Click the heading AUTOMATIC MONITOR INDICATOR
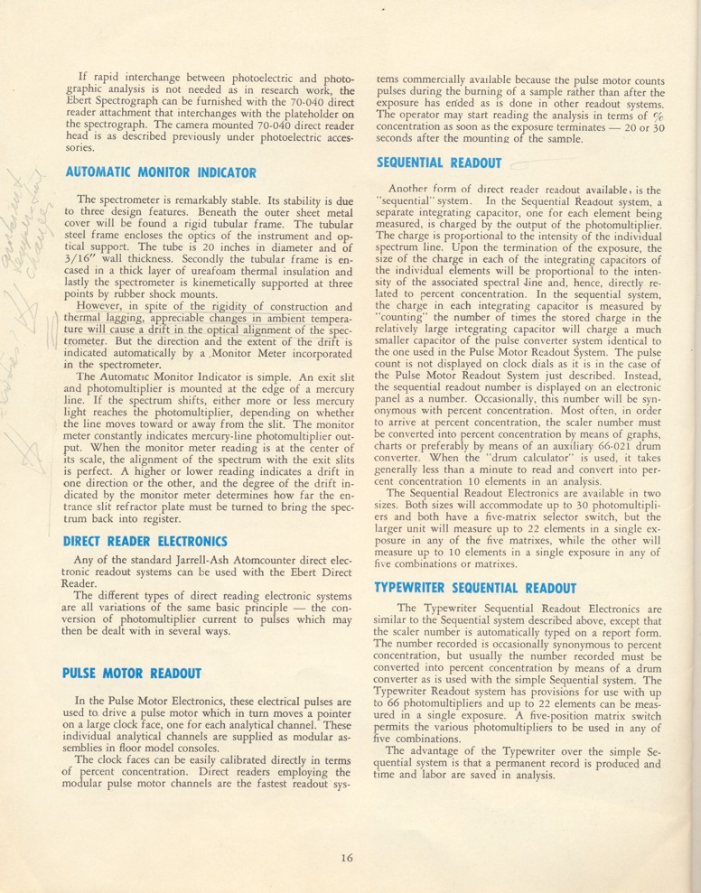pos(161,172)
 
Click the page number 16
pos(347,857)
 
